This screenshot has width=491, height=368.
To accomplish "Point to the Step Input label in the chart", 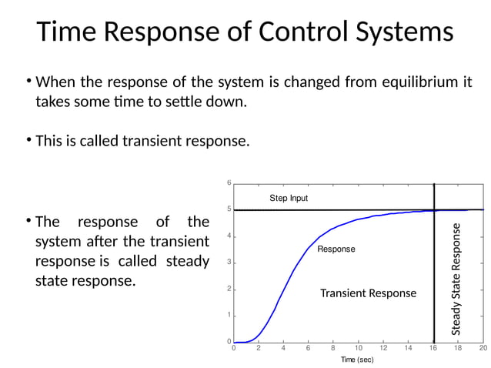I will tap(289, 198).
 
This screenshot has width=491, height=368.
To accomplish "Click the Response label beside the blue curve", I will tap(336, 249).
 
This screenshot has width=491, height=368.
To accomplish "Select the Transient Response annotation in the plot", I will tap(368, 293).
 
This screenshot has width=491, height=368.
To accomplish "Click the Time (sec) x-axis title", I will tap(358, 360).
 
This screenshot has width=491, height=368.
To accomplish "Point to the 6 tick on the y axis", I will tap(229, 182).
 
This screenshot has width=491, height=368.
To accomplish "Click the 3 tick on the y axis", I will tap(229, 263).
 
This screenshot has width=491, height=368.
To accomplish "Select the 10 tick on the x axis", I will tap(358, 349).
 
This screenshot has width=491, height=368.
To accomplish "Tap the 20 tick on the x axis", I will tap(483, 349).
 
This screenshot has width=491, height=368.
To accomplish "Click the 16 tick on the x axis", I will tap(433, 349).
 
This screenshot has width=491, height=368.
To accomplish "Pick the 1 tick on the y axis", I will tap(229, 316).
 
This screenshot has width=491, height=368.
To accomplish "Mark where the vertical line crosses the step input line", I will tap(434, 209).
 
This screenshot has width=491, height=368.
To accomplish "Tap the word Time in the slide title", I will tap(67, 32).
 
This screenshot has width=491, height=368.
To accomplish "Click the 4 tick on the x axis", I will tap(283, 349).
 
